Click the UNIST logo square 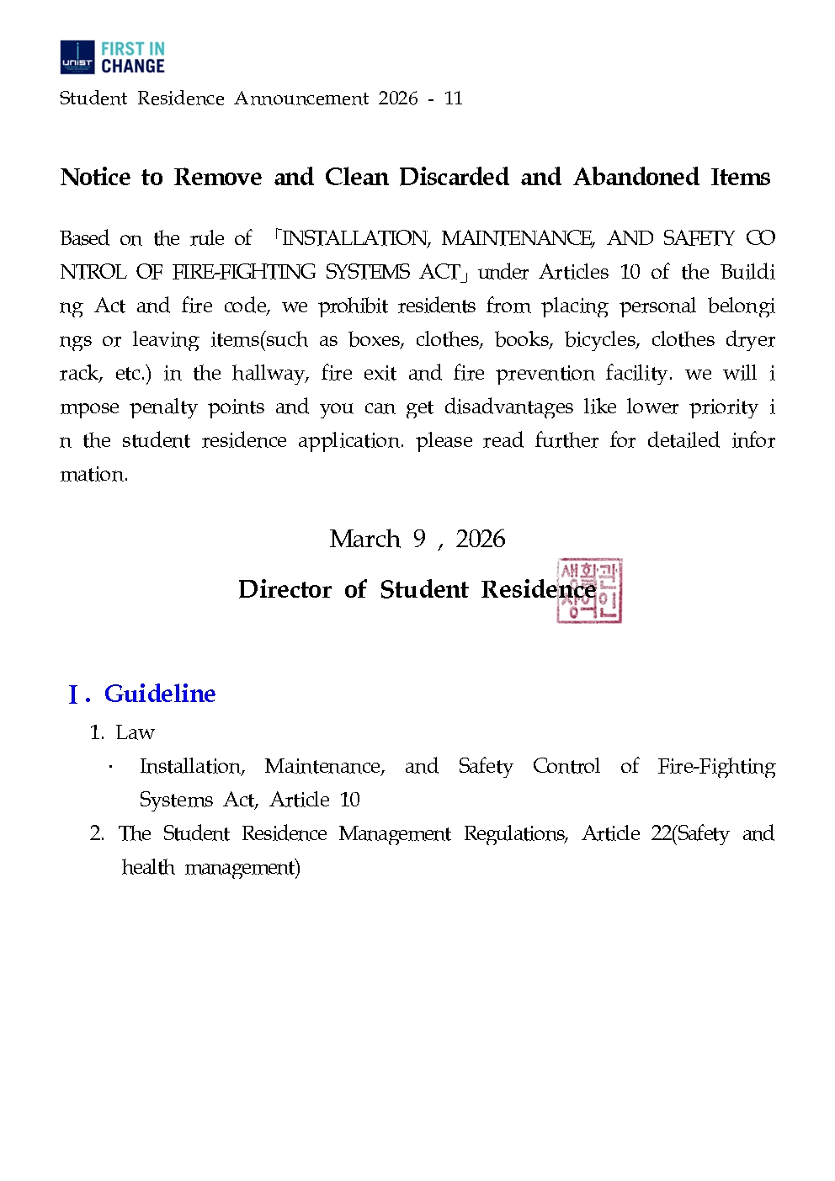77,57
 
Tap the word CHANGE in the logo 133,66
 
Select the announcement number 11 454,98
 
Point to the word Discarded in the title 454,178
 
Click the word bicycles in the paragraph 602,340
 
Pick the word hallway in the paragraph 269,374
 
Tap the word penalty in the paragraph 164,407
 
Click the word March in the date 364,539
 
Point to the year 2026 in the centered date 481,539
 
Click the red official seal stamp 589,590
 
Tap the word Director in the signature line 285,589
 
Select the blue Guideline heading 160,694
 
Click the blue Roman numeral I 74,695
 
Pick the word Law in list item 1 136,732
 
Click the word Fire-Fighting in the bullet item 716,766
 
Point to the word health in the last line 148,867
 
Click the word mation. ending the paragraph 93,475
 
